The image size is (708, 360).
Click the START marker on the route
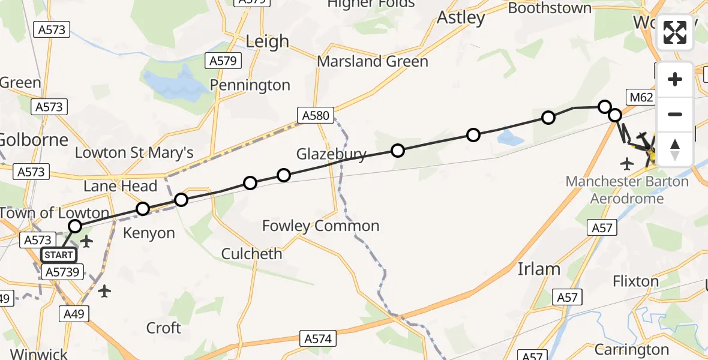point(59,255)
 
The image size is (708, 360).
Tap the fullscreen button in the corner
point(675,32)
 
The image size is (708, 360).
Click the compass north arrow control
point(675,149)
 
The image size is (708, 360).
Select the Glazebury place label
point(331,155)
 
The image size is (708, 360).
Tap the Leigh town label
point(268,41)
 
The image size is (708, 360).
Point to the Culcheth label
point(251,254)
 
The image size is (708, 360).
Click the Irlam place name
point(538,269)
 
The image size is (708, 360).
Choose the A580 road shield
point(316,115)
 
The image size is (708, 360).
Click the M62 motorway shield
point(640,97)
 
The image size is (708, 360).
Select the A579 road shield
point(224,61)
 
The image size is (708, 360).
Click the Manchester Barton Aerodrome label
point(627,190)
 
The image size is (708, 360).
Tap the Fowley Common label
point(320,226)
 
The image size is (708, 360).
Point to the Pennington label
point(251,86)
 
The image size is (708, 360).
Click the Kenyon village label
point(149,233)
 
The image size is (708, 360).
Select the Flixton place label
point(636,281)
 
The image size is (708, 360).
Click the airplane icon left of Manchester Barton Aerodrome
point(628,163)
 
